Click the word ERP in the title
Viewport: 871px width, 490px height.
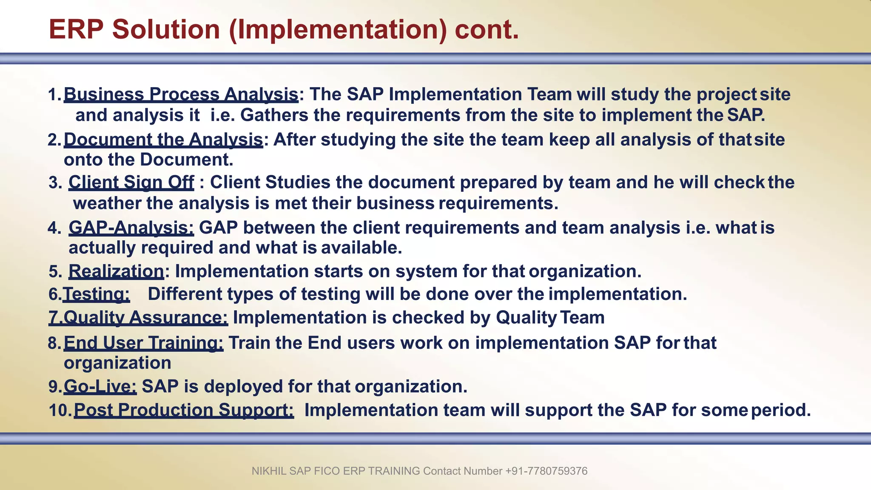click(76, 30)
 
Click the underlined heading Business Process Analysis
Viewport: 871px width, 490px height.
click(181, 94)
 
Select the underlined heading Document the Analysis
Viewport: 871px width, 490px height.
click(163, 140)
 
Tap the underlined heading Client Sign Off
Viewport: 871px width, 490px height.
click(131, 182)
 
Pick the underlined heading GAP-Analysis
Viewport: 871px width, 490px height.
click(131, 228)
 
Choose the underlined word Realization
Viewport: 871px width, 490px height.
click(116, 271)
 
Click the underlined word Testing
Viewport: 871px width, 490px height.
click(96, 294)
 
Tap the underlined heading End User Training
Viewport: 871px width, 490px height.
click(143, 343)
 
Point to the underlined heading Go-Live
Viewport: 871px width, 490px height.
click(100, 387)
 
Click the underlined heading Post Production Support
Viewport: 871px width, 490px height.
click(184, 410)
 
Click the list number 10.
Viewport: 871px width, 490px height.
click(60, 410)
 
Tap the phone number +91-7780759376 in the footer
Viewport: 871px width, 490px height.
click(546, 471)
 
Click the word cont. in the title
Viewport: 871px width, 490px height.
click(487, 30)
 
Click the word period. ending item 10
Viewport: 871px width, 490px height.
click(781, 410)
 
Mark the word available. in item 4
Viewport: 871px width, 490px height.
click(361, 248)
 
